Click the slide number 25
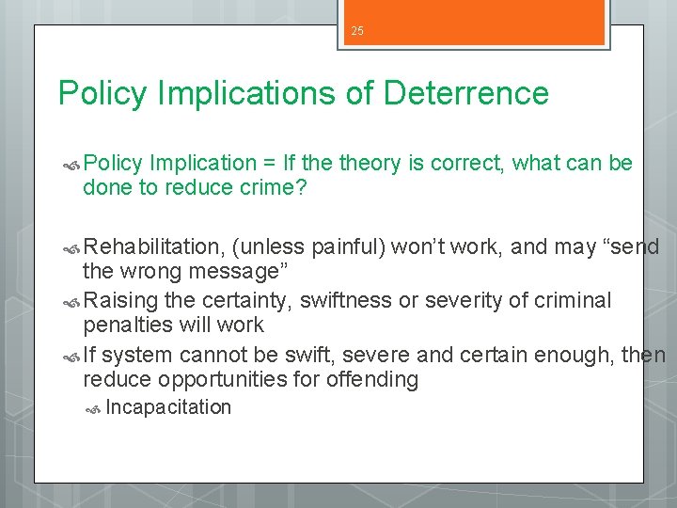coord(357,31)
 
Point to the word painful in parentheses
coord(347,247)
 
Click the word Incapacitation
coord(168,407)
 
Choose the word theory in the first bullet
coord(370,164)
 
